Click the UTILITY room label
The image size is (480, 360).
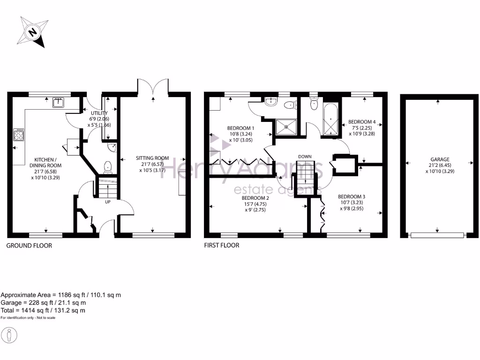pyautogui.click(x=99, y=113)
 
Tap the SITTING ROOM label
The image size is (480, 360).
pyautogui.click(x=152, y=158)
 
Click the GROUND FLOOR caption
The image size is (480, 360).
pyautogui.click(x=29, y=246)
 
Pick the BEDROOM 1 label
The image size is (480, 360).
pyautogui.click(x=240, y=128)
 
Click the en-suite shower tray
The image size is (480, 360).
pyautogui.click(x=285, y=126)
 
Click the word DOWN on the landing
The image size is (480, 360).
pyautogui.click(x=305, y=157)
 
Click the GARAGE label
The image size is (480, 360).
pyautogui.click(x=439, y=159)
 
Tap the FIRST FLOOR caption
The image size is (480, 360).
pyautogui.click(x=221, y=246)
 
